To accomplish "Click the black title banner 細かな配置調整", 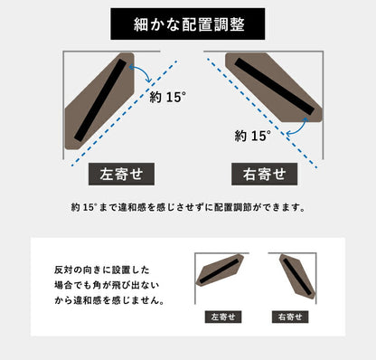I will [x=187, y=24].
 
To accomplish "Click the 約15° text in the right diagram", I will [x=252, y=136].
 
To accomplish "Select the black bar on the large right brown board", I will [x=276, y=89].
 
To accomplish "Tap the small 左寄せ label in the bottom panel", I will [x=221, y=317].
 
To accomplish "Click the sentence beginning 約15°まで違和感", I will [x=187, y=206].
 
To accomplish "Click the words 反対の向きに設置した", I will [x=99, y=270].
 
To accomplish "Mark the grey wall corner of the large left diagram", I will [x=64, y=54].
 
